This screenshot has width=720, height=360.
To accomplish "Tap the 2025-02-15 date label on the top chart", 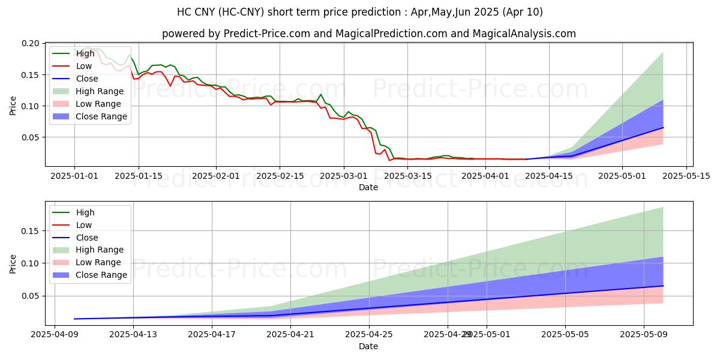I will [x=280, y=176].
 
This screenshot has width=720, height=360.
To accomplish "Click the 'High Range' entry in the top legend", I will [x=100, y=91].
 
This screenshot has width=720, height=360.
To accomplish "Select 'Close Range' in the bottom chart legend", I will [x=101, y=275].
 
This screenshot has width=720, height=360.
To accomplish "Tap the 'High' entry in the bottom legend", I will [x=85, y=212].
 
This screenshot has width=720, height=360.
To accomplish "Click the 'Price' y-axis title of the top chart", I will [x=13, y=106].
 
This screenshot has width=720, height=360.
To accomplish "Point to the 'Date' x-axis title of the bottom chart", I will [x=368, y=347].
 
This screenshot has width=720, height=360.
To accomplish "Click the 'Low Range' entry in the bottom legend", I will [x=98, y=262].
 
